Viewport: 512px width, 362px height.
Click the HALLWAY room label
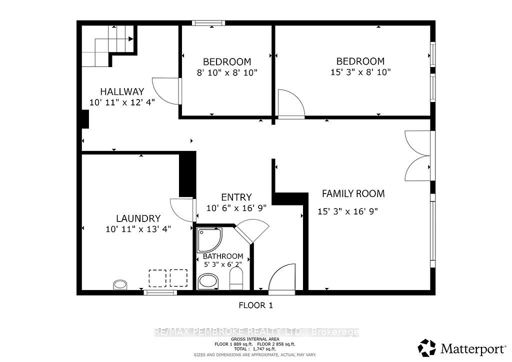[122, 91]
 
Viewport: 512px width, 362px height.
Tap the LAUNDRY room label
[138, 218]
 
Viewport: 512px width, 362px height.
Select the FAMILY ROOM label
[353, 193]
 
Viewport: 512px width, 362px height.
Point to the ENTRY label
[236, 197]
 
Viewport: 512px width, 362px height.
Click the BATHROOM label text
[223, 256]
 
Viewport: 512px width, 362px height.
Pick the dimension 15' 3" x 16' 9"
[348, 211]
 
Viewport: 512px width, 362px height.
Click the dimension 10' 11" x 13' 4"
[138, 229]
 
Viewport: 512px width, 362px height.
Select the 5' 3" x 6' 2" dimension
[223, 264]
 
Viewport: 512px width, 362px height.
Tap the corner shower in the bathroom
[209, 240]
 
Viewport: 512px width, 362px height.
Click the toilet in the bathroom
[236, 279]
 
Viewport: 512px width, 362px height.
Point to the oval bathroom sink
[208, 281]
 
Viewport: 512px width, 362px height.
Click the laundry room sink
[120, 284]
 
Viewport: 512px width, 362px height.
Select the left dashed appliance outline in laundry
[157, 278]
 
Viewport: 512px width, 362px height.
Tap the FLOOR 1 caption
[255, 305]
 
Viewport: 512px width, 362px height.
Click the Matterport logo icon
[427, 348]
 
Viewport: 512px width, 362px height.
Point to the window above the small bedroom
[208, 23]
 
